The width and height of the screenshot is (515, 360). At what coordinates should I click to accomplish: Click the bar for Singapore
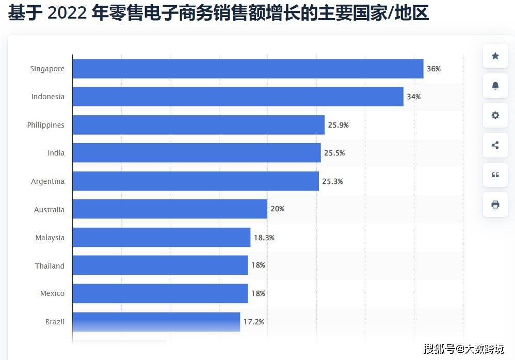[x=248, y=69]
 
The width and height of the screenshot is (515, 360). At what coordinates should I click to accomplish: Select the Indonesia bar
[x=237, y=97]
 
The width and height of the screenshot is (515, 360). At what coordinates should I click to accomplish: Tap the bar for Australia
[x=170, y=209]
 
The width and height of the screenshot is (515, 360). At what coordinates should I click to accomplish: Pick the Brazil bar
[x=156, y=322]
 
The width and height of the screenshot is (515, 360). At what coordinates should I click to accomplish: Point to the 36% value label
[x=433, y=69]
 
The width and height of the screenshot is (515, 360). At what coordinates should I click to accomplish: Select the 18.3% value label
[x=264, y=238]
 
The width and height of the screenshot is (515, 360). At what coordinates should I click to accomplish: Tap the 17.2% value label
[x=253, y=322]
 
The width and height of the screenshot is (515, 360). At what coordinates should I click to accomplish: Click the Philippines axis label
[x=46, y=125]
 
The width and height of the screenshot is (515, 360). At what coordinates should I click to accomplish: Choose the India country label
[x=56, y=153]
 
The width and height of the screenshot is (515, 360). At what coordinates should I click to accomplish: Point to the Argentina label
[x=48, y=181]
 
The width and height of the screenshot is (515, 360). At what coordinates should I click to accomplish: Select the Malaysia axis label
[x=50, y=238]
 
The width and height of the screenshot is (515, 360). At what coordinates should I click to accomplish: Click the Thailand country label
[x=50, y=266]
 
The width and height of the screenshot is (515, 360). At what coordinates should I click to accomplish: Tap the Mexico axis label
[x=53, y=293]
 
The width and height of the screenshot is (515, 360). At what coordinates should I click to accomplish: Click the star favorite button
[x=495, y=56]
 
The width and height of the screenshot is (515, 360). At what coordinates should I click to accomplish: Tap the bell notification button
[x=495, y=86]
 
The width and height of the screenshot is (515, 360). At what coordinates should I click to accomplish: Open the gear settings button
[x=495, y=115]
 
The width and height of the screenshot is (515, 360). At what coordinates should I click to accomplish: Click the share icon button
[x=495, y=145]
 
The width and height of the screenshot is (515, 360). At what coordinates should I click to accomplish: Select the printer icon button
[x=495, y=205]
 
